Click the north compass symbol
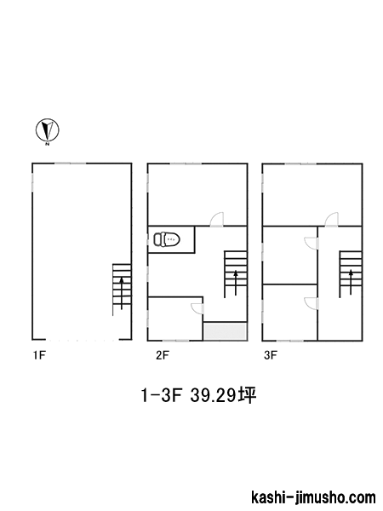pos(47,130)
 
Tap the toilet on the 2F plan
pos(167,239)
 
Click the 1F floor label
pos(39,355)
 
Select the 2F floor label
pos(163,355)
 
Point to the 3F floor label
pos(271,355)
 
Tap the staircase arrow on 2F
pos(236,283)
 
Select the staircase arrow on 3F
pos(351,282)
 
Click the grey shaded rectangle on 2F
pos(225,331)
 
